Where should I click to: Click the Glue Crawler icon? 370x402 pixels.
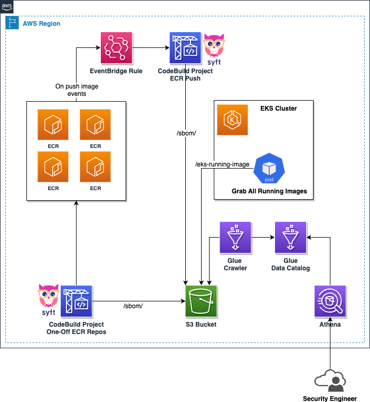click(x=235, y=238)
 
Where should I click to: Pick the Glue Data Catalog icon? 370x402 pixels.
click(x=290, y=238)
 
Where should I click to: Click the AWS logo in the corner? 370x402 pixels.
click(x=7, y=7)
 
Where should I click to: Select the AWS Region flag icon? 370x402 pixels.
click(x=12, y=23)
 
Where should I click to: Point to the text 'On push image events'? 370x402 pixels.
click(x=77, y=90)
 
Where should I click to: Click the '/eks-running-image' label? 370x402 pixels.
click(x=222, y=164)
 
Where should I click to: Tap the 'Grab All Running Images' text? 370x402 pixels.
click(x=269, y=191)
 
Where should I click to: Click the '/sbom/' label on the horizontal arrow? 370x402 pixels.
click(x=133, y=306)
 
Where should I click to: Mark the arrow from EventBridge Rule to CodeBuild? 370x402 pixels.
click(x=151, y=48)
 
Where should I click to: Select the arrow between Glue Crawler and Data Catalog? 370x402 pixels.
click(x=262, y=238)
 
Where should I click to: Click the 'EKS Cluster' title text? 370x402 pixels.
click(x=278, y=109)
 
